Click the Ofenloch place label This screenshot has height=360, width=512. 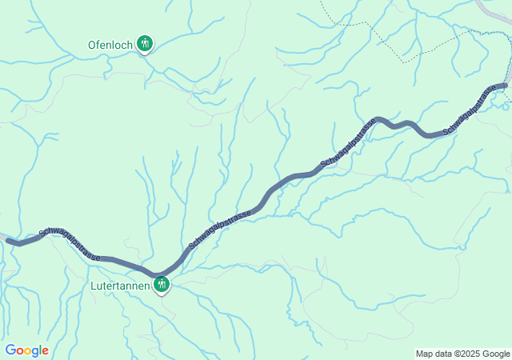[x=110, y=45]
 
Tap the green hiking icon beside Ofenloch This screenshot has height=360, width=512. [x=144, y=43]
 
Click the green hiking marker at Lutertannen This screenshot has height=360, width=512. [x=162, y=282]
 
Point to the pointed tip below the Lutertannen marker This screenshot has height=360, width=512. [x=162, y=294]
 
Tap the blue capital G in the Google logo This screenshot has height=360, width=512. [x=10, y=350]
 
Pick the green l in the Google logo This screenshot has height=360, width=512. [x=41, y=350]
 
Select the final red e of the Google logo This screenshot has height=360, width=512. [x=46, y=351]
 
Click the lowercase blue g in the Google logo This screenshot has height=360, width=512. [x=35, y=352]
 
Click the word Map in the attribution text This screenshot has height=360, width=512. [x=424, y=354]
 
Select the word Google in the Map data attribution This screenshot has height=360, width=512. [x=495, y=354]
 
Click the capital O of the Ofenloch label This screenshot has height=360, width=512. [x=92, y=45]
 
